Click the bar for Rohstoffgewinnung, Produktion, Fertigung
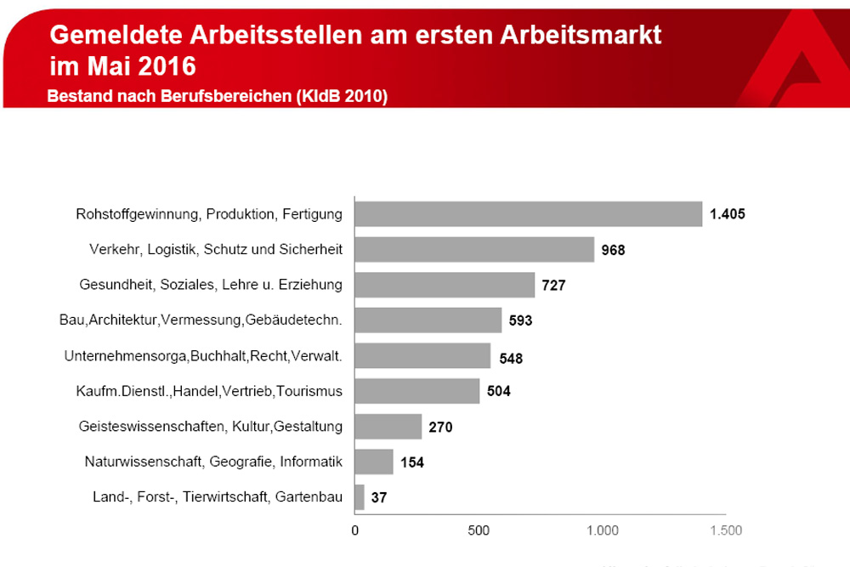point(528,214)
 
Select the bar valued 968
point(474,250)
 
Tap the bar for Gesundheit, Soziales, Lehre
point(445,285)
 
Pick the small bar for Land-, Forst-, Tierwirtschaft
point(360,497)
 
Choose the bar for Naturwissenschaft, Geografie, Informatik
point(374,462)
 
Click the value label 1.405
point(727,214)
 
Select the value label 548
point(511,357)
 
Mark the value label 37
point(379,498)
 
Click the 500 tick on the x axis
point(479,531)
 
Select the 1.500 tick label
point(724,531)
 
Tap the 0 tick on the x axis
point(355,531)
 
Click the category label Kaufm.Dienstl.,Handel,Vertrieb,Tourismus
point(210,391)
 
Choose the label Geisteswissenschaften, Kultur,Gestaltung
point(211,427)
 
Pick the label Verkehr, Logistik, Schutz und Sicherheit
point(216,250)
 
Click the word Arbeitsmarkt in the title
point(578,36)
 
